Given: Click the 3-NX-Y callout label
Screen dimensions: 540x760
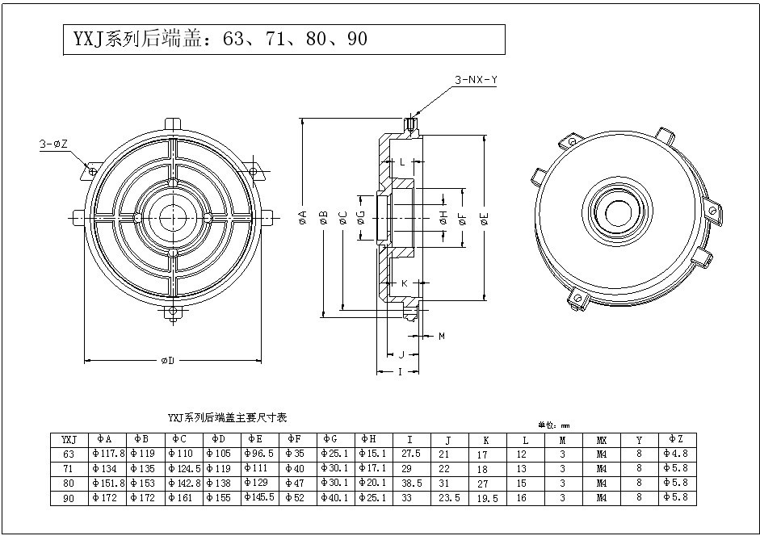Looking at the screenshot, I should point(476,80).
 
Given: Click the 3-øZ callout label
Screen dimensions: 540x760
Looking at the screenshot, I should point(54,144).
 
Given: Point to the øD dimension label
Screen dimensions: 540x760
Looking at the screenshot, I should point(168,360).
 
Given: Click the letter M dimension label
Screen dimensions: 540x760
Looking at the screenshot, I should point(442,335).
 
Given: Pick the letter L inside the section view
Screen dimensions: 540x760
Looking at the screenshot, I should point(402,162).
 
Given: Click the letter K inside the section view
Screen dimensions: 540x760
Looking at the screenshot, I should point(404,283).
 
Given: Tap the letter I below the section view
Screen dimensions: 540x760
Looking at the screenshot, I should point(398,372).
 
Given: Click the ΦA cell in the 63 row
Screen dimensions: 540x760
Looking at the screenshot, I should point(107,454).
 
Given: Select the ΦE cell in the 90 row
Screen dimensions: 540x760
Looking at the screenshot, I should point(259,498).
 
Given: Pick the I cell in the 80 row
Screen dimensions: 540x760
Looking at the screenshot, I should point(410,483).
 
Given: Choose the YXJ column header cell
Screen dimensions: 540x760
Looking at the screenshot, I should point(68,440).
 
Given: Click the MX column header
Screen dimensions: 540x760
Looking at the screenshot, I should point(602,440).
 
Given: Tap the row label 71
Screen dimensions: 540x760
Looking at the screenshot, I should point(68,469).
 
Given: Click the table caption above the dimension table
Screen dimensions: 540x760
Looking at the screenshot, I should point(227,418).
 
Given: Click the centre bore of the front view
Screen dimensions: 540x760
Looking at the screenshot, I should point(171,216).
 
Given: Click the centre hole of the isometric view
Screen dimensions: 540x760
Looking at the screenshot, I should point(619,213).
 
